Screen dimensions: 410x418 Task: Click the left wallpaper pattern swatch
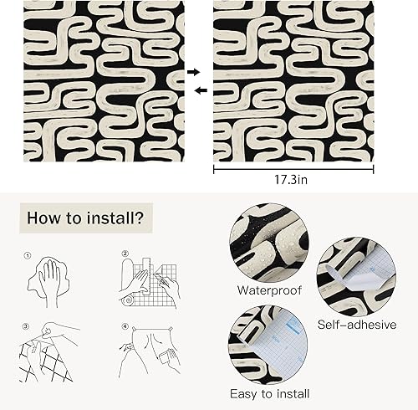click(x=104, y=81)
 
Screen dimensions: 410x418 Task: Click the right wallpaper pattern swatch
click(x=293, y=81)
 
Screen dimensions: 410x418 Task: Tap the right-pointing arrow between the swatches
click(x=194, y=73)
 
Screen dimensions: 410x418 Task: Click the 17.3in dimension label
click(x=293, y=180)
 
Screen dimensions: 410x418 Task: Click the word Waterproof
click(x=269, y=291)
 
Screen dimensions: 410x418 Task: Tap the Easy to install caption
click(x=269, y=393)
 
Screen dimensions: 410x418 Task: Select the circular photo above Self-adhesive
click(x=356, y=276)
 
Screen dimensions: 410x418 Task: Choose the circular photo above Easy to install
click(x=269, y=343)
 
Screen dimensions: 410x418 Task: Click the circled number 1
click(x=28, y=257)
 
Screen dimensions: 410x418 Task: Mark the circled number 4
click(x=125, y=326)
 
